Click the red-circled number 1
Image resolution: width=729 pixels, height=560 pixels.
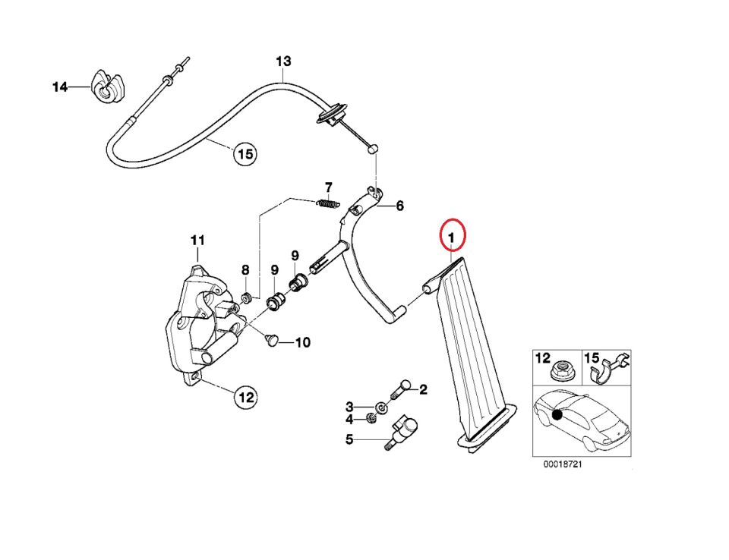tap(453, 238)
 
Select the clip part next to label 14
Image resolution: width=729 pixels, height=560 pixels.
tap(106, 87)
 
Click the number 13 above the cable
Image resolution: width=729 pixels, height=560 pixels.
tap(283, 61)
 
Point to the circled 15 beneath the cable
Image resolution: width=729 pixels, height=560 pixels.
tap(244, 155)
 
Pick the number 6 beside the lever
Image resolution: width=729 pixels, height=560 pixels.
tap(399, 206)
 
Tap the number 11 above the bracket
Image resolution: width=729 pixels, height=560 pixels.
tap(197, 241)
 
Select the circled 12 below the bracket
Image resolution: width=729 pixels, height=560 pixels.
tap(245, 396)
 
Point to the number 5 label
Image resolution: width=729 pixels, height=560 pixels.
tap(349, 439)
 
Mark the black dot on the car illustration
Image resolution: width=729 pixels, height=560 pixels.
tap(558, 414)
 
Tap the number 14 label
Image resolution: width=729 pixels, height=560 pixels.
tap(60, 87)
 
